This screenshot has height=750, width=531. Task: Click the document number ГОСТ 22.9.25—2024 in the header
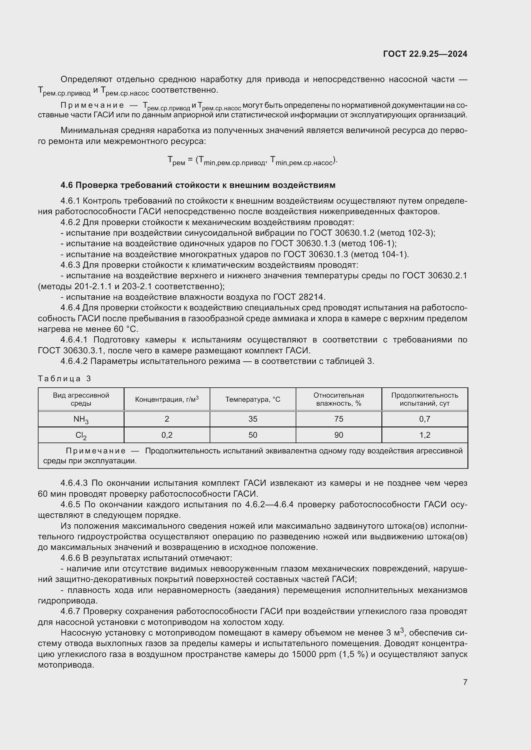425,54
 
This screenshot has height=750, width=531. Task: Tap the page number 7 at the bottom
465,682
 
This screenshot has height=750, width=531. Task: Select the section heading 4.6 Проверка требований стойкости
198,185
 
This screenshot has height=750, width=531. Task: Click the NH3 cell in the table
81,419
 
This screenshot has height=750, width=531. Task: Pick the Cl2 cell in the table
81,435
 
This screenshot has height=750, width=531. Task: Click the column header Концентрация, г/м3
167,399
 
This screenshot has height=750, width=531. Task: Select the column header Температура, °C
253,400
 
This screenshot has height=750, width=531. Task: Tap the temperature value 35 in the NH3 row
253,419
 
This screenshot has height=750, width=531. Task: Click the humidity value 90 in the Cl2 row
339,435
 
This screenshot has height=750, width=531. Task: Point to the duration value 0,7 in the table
425,419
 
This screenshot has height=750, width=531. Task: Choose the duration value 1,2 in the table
425,435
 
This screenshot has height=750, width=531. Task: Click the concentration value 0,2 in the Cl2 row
167,435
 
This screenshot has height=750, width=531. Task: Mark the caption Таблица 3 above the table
65,379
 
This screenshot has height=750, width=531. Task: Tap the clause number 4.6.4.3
74,483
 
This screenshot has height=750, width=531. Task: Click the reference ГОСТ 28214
299,297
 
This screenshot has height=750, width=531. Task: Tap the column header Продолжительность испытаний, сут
425,399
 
